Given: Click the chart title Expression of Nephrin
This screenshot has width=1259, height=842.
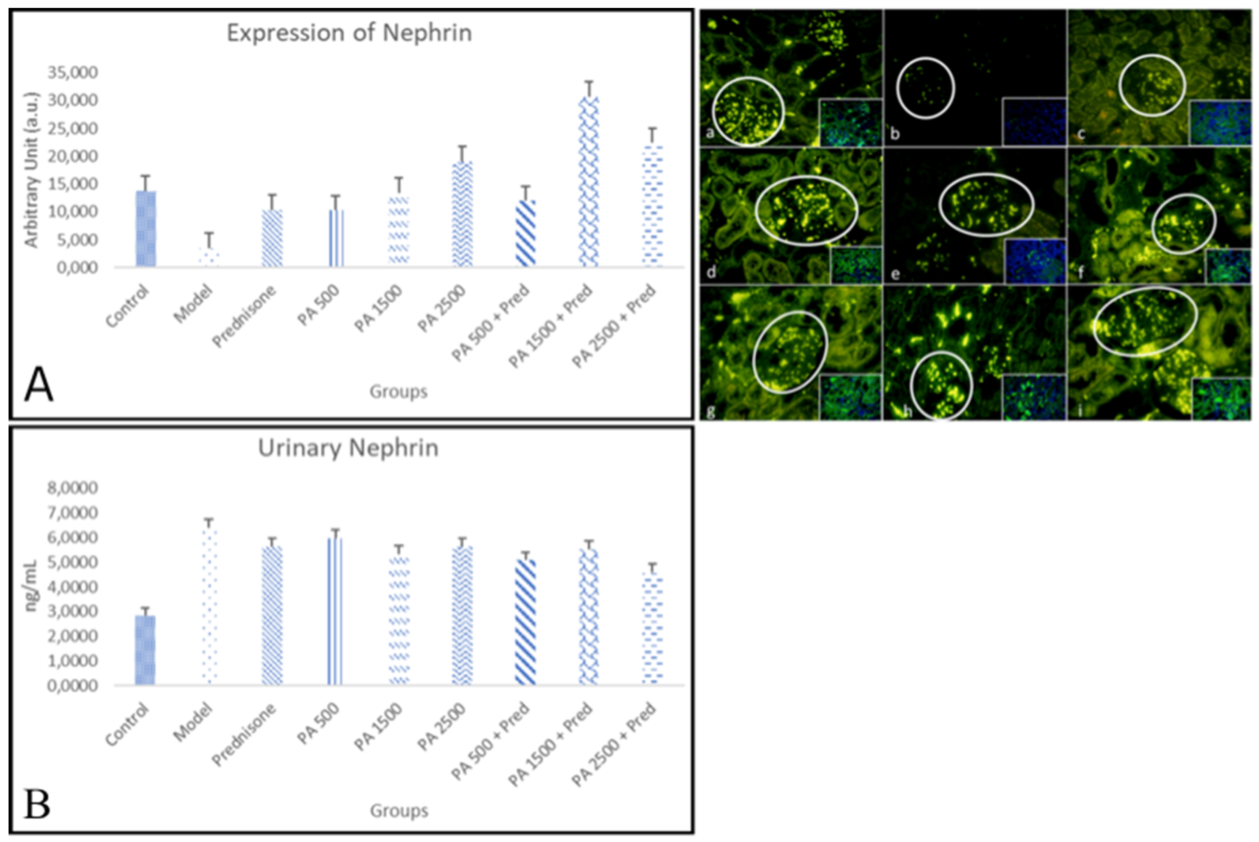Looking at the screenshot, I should [349, 33].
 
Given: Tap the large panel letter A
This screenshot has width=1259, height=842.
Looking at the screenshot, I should [39, 384].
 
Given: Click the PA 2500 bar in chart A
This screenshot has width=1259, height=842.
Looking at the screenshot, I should [462, 215].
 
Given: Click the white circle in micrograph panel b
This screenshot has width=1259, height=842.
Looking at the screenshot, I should [925, 88].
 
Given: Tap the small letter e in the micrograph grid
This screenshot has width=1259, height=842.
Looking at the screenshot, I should [895, 274].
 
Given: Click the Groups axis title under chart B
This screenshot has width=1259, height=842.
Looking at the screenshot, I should [398, 810].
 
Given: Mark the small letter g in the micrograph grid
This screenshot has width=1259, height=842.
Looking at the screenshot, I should [711, 411].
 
